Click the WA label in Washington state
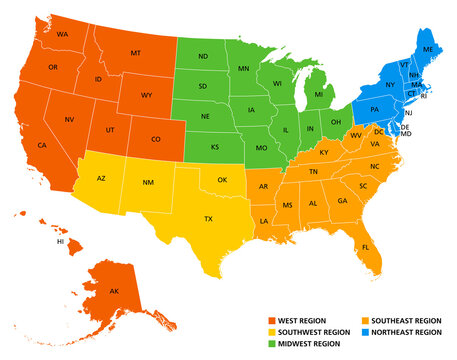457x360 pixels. point(62,35)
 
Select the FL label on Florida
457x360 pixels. point(366,247)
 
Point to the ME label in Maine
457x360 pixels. point(428,49)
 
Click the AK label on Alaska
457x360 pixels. point(113,292)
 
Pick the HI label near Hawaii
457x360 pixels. point(60,242)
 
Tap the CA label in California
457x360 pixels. point(42,146)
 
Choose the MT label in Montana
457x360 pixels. point(136,53)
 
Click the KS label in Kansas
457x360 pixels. point(216,147)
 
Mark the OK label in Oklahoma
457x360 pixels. point(222,182)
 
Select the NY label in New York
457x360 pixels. point(390,85)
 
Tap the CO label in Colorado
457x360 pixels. point(155,139)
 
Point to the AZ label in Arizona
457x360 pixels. point(101,178)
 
